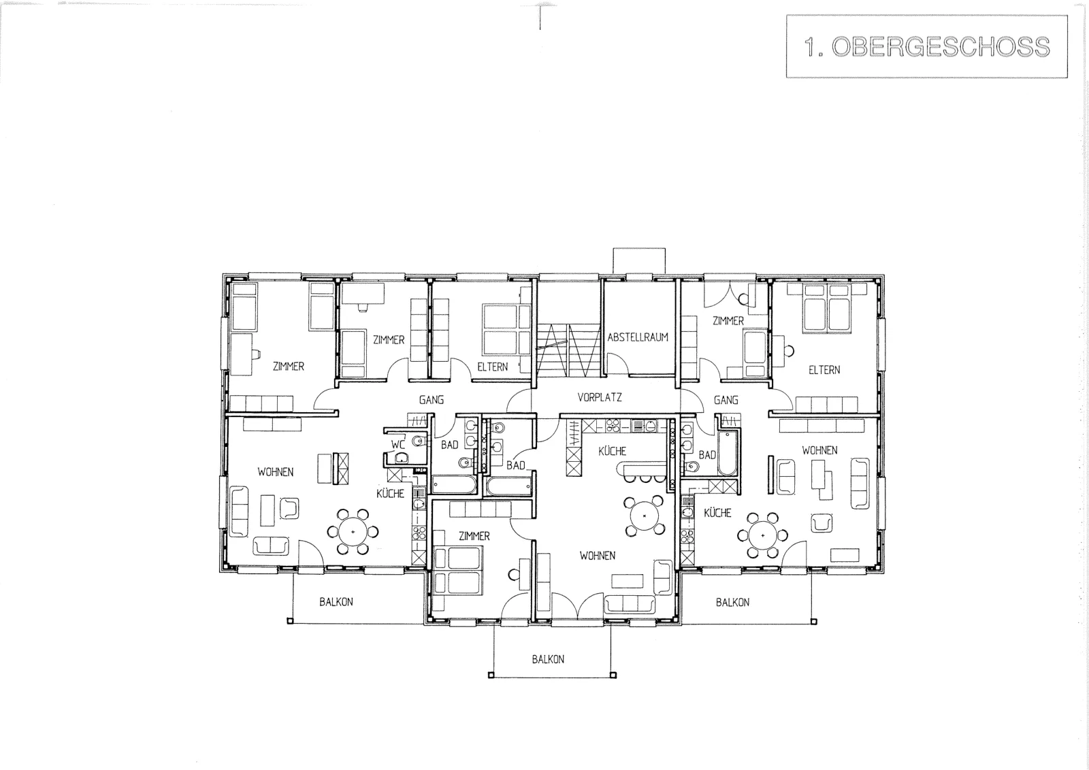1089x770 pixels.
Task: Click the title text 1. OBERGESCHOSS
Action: (926, 47)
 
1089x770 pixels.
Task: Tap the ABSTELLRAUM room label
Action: (638, 337)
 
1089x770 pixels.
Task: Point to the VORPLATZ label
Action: (600, 397)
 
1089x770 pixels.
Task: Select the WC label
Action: (398, 444)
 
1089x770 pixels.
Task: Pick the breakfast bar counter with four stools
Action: (640, 469)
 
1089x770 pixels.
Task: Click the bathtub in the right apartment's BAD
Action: (728, 453)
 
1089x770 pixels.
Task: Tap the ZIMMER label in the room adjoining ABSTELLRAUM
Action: (728, 320)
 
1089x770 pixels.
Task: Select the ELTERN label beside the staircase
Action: (493, 367)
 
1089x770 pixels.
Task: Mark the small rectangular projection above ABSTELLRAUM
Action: (639, 261)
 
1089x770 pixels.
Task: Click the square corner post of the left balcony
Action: (290, 621)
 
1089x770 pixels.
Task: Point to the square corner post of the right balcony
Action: (814, 621)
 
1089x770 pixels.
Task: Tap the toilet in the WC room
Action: (419, 441)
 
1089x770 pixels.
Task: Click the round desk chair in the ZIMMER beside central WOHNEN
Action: (513, 575)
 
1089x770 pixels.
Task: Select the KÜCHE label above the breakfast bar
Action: (612, 451)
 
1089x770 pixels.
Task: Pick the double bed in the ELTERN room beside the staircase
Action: (501, 330)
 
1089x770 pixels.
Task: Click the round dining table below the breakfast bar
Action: (644, 516)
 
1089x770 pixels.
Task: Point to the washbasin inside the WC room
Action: (402, 458)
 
